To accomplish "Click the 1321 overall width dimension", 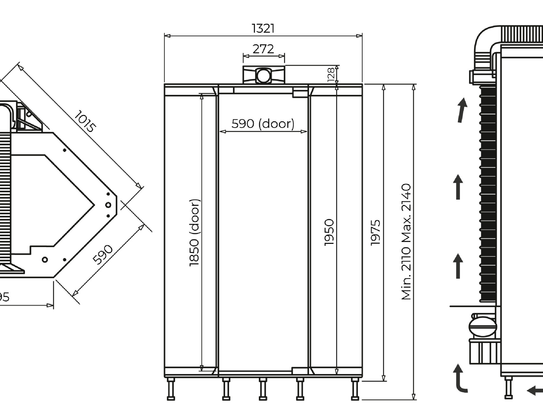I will coord(263,29).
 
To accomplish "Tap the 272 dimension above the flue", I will coord(263,49).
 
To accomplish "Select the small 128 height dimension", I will coord(331,74).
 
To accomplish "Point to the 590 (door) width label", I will coord(263,124).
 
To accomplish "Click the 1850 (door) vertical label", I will coord(195,233).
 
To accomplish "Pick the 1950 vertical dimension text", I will coord(329,232).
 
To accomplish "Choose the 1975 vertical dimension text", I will coord(375,233).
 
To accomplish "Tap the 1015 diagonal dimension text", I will coord(85,121).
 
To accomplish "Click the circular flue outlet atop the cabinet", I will coord(263,76).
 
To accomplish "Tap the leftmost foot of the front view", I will coord(171,389).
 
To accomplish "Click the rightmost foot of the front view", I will coord(355,389).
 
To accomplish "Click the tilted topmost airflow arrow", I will coord(462,110).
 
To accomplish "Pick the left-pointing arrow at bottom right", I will coord(535,391).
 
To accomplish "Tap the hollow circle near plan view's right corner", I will coord(108,205).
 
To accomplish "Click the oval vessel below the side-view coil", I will coord(483,326).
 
